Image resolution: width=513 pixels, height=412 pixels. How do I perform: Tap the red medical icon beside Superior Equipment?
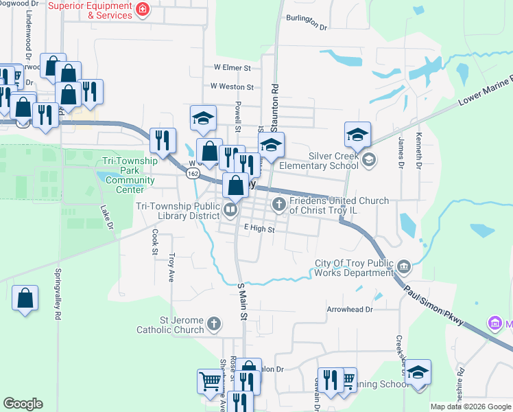click(143, 10)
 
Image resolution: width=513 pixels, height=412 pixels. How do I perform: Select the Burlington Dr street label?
click(307, 21)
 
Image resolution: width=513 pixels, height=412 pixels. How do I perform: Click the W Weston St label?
click(232, 87)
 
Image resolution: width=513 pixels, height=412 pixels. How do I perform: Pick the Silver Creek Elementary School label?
click(333, 161)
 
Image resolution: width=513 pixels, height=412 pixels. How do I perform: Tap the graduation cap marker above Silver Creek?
click(357, 136)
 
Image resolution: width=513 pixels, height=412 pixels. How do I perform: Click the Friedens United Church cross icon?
click(279, 203)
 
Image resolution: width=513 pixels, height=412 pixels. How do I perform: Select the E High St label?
click(259, 227)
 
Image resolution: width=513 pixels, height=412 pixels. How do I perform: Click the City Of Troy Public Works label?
click(355, 268)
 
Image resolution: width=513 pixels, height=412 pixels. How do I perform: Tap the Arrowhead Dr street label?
click(350, 310)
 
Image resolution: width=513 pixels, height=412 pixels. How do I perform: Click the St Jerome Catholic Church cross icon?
click(214, 323)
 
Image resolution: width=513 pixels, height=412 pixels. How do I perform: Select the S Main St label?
click(241, 302)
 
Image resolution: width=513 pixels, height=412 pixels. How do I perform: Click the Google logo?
click(23, 404)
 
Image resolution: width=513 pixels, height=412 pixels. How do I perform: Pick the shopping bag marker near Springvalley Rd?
click(25, 299)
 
